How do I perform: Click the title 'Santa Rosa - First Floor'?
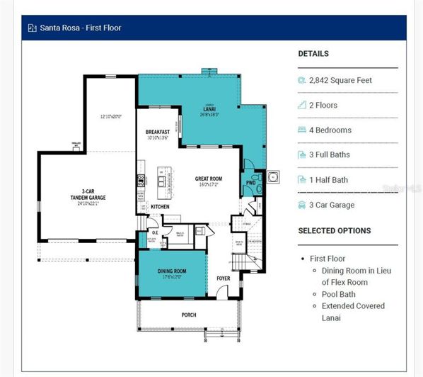80,28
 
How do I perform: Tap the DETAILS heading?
313,54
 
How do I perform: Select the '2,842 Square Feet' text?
340,81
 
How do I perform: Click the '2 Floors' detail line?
323,106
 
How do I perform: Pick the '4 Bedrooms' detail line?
330,130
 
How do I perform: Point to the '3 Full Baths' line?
330,155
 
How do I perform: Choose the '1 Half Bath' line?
328,180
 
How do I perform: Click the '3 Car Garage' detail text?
332,206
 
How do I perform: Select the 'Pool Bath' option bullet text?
340,294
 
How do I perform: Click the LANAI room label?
210,109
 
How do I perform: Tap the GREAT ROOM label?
209,179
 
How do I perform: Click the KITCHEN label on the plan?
161,207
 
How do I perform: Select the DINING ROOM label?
172,271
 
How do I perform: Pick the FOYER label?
224,278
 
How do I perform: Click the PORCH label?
189,315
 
